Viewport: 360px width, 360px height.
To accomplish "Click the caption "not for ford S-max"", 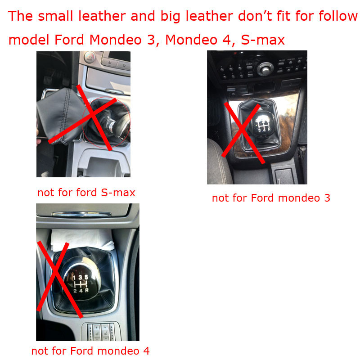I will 86,193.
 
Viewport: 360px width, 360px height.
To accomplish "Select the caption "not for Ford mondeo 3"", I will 271,198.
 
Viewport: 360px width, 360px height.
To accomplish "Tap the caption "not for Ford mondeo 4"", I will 90,351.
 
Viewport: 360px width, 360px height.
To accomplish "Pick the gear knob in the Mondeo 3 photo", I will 262,123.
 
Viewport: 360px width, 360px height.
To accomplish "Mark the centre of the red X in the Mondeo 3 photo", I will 243,130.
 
